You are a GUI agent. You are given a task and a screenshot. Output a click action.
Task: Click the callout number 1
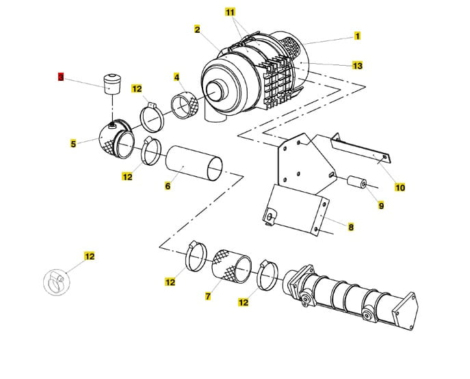coord(357,36)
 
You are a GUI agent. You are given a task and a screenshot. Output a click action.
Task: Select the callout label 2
coord(197,29)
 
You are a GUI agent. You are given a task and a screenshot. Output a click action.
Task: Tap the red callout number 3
coord(60,78)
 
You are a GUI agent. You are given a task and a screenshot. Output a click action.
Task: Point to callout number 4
coord(177,77)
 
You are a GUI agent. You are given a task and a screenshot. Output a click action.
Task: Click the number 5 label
coord(73,144)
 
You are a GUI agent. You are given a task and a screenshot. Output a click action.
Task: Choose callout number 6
coord(168,186)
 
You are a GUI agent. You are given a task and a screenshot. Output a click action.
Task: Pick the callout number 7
coord(208,297)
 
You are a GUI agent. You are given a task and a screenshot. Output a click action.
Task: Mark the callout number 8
coord(351,227)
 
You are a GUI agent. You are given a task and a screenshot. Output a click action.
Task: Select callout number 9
coord(381,205)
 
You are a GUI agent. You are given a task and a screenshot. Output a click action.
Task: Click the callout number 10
coord(400,186)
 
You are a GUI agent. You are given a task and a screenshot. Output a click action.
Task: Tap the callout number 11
coord(230,13)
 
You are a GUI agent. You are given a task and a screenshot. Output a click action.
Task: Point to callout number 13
coord(357,66)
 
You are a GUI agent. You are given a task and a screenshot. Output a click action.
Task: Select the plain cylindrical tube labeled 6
coord(195,163)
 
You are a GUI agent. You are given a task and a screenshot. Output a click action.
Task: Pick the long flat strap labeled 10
coord(363,153)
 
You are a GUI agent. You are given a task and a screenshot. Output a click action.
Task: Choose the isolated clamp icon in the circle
coord(54,280)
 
